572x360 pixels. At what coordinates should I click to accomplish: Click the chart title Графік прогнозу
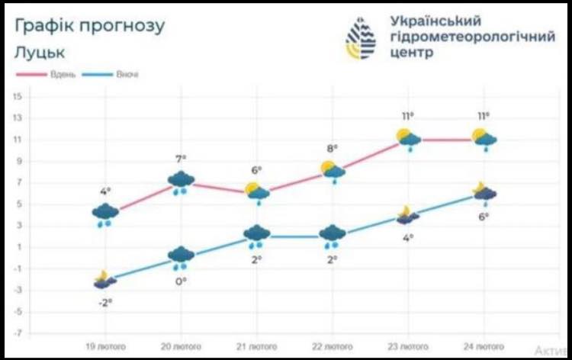89,27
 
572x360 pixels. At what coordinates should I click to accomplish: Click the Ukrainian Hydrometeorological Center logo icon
361,38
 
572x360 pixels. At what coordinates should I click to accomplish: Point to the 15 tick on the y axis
17,96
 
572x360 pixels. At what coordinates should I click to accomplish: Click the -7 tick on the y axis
17,333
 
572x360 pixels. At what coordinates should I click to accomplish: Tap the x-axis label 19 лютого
105,347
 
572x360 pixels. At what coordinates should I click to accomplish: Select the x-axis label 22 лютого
333,347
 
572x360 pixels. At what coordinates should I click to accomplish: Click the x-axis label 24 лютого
484,347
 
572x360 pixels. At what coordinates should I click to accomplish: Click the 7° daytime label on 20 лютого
181,159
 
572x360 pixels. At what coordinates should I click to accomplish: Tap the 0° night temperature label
181,281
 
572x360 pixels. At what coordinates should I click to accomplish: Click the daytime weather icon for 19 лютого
105,214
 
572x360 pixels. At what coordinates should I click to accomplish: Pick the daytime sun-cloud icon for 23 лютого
409,139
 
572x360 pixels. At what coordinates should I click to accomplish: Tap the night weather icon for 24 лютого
484,193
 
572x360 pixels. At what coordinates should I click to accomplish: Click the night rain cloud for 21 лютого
257,235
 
